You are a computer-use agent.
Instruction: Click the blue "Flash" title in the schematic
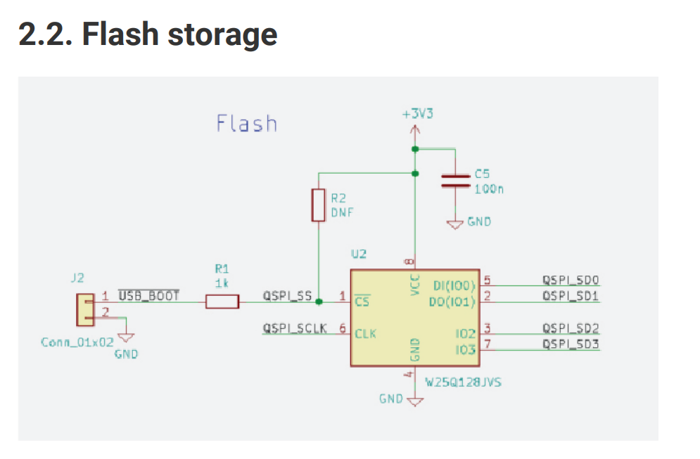pyautogui.click(x=246, y=124)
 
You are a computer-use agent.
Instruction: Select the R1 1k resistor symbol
pyautogui.click(x=222, y=302)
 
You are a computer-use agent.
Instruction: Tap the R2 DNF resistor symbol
pyautogui.click(x=319, y=205)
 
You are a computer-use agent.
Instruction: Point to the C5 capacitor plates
pyautogui.click(x=455, y=181)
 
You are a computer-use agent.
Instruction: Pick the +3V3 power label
pyautogui.click(x=415, y=114)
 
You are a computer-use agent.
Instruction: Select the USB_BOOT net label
pyautogui.click(x=148, y=295)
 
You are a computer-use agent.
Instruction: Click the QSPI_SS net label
pyautogui.click(x=287, y=296)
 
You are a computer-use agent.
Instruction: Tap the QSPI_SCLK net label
pyautogui.click(x=295, y=328)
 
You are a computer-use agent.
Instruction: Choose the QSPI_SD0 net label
pyautogui.click(x=571, y=280)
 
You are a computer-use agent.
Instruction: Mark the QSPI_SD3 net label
pyautogui.click(x=571, y=344)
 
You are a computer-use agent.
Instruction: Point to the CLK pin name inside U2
pyautogui.click(x=365, y=334)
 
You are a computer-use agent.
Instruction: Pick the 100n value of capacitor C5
pyautogui.click(x=489, y=188)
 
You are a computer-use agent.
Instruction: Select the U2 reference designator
pyautogui.click(x=359, y=253)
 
